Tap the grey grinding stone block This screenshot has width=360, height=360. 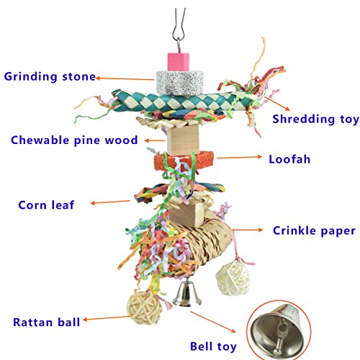click(180, 83)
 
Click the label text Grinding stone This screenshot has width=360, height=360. click(50, 77)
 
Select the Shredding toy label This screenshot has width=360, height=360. click(315, 119)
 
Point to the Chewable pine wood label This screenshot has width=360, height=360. click(74, 140)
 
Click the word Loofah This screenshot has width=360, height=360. click(289, 159)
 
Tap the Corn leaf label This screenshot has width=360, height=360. click(46, 205)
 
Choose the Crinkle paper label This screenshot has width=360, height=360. click(314, 230)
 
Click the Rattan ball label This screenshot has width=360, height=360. click(46, 322)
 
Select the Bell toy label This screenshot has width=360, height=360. click(213, 347)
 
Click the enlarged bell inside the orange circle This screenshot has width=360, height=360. click(276, 330)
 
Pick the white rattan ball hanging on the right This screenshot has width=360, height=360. click(233, 278)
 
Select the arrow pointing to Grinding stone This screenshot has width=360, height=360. click(125, 78)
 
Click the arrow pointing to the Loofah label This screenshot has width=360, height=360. click(239, 158)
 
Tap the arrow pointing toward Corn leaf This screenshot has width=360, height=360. click(110, 202)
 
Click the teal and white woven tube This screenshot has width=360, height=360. click(183, 101)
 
